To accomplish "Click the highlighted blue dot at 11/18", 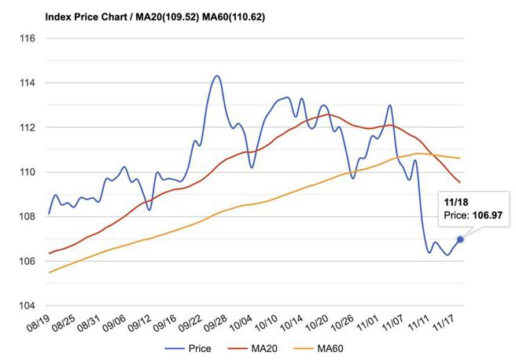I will coord(460,240).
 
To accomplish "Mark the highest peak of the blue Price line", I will coord(216,76).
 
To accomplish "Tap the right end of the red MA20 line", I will coord(460,182).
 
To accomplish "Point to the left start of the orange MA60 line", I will coord(49,273).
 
